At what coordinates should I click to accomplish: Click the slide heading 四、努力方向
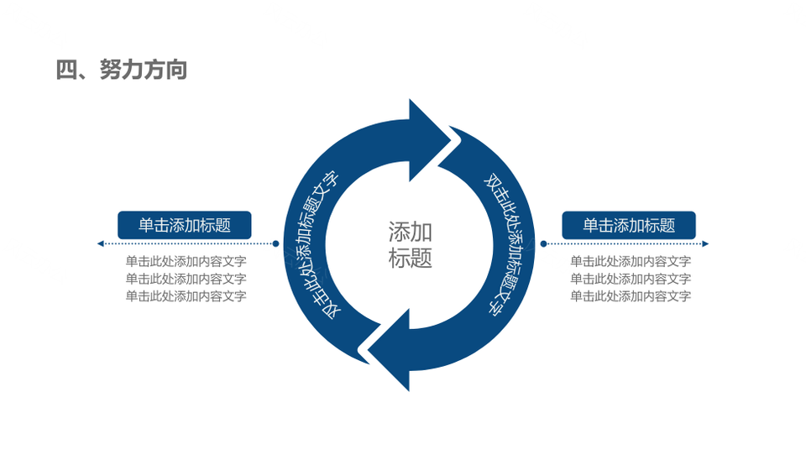pyautogui.click(x=121, y=70)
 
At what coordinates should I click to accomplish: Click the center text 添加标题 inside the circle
pyautogui.click(x=410, y=244)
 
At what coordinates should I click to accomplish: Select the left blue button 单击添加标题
pyautogui.click(x=185, y=225)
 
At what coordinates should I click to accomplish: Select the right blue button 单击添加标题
pyautogui.click(x=629, y=225)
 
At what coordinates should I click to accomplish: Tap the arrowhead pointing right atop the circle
pyautogui.click(x=427, y=140)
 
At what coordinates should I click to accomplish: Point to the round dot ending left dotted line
pyautogui.click(x=275, y=243)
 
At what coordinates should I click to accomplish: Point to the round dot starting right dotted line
pyautogui.click(x=543, y=243)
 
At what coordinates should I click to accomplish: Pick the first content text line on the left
pyautogui.click(x=186, y=261)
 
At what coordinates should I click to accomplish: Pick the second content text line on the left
pyautogui.click(x=186, y=279)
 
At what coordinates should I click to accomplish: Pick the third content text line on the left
pyautogui.click(x=186, y=296)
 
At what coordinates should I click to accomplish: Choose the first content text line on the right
pyautogui.click(x=631, y=261)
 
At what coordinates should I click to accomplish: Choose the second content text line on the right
pyautogui.click(x=631, y=279)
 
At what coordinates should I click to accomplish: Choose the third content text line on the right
pyautogui.click(x=631, y=296)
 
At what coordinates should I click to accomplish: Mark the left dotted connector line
pyautogui.click(x=188, y=243)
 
